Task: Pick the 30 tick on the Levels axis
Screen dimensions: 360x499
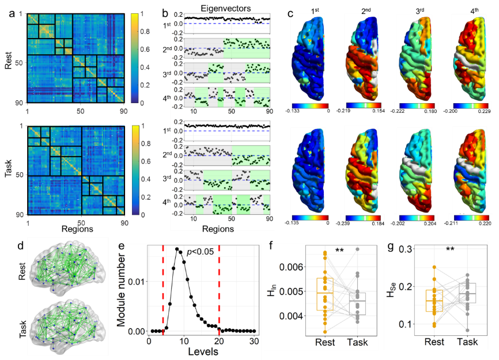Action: (254, 340)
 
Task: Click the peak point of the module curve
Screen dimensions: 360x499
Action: (177, 249)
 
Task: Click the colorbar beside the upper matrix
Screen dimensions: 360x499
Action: (136, 56)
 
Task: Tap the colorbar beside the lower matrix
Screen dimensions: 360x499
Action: (136, 170)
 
